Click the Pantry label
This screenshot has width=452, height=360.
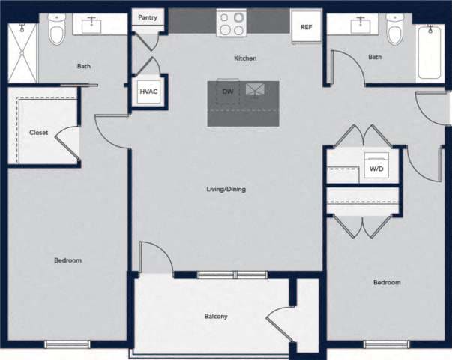[x=148, y=17]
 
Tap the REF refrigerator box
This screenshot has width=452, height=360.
[x=305, y=27]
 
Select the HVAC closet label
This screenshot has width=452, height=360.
[x=148, y=92]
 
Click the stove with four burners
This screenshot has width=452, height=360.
[x=231, y=23]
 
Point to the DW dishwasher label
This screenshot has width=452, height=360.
[x=227, y=91]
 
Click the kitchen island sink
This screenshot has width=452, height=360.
[x=256, y=89]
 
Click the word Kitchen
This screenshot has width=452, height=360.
[x=245, y=58]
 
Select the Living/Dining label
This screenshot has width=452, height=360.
[x=226, y=189]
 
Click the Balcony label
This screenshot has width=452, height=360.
[x=216, y=316]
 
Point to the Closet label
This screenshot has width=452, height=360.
[x=38, y=133]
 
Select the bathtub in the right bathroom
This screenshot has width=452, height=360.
[x=430, y=51]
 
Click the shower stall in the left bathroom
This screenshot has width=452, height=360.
[x=22, y=52]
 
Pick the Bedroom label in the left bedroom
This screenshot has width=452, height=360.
[x=67, y=260]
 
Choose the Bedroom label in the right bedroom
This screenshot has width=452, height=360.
[x=387, y=283]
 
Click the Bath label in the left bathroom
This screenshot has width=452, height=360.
[x=84, y=66]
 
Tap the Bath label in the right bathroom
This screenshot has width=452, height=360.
[x=375, y=57]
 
